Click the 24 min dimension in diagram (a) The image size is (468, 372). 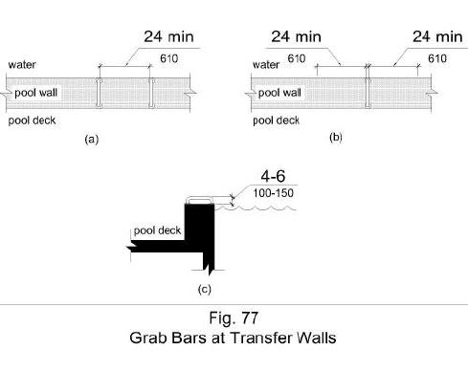171,39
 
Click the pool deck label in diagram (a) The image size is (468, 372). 31,122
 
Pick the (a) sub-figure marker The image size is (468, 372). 91,140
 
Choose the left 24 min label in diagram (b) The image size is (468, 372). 296,37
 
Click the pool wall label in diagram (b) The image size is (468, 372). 279,94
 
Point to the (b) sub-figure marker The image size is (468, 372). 335,138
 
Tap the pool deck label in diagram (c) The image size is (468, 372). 157,230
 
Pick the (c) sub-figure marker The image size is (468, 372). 204,287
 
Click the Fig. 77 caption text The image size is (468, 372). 233,319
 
